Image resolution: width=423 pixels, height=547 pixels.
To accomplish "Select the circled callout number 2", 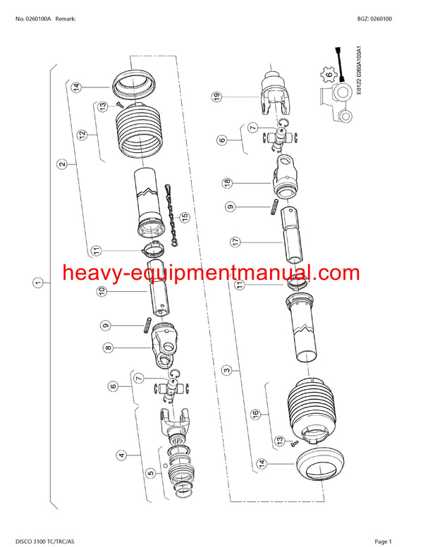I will (x=63, y=164).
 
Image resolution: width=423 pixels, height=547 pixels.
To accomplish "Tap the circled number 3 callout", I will (x=226, y=369).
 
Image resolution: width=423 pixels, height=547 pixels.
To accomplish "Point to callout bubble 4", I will (x=122, y=455).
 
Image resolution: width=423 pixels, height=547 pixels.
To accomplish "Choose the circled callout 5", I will (x=150, y=473).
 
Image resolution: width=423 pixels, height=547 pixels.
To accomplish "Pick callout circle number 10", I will (x=102, y=290).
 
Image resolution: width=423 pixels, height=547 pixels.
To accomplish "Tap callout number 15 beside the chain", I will (x=185, y=216).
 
